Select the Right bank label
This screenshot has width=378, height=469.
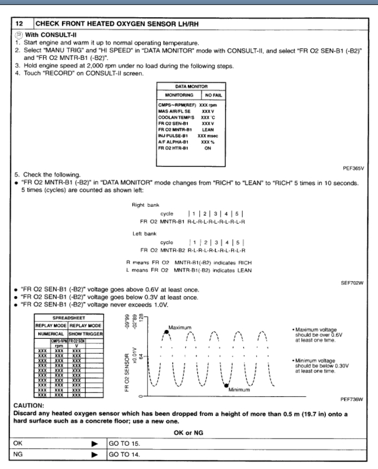point(142,204)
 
